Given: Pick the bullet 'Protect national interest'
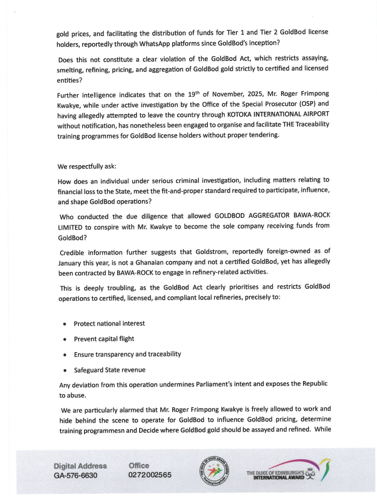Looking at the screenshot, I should pyautogui.click(x=109, y=323).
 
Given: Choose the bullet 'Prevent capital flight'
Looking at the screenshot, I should pyautogui.click(x=104, y=339).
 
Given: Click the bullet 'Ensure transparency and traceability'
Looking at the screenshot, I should pyautogui.click(x=127, y=354).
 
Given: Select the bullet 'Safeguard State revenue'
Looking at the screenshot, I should pyautogui.click(x=109, y=370).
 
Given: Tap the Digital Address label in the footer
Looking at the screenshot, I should pyautogui.click(x=80, y=466).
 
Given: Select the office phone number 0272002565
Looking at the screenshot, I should pyautogui.click(x=150, y=475).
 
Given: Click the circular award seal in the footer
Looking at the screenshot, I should pyautogui.click(x=212, y=471).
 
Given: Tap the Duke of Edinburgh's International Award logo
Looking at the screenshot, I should pyautogui.click(x=288, y=471).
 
